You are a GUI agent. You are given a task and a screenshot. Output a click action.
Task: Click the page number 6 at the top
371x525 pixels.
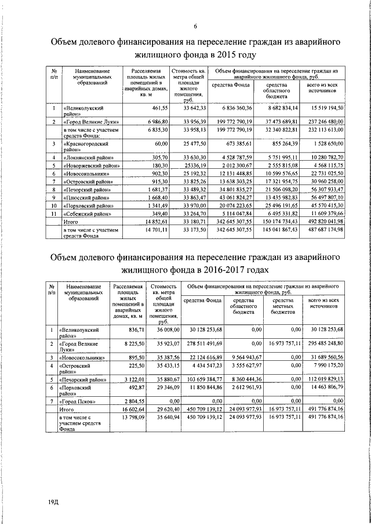[195, 25]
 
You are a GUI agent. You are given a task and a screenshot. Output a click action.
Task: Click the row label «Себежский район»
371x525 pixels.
[84, 213]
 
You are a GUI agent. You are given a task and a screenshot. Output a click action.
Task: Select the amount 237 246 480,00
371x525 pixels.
[320, 121]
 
